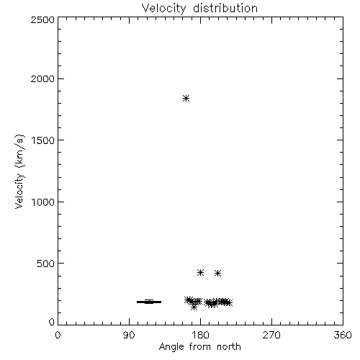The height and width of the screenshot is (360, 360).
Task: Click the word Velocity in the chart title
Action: [163, 9]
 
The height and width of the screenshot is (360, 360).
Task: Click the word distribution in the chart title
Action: [225, 8]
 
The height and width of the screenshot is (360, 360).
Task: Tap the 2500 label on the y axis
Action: [42, 19]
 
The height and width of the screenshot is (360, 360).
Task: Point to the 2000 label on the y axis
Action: [42, 78]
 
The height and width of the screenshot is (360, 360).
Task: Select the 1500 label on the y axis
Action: [43, 140]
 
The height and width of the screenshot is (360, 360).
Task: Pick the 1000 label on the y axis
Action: [43, 202]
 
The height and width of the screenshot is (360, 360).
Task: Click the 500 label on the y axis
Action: [46, 264]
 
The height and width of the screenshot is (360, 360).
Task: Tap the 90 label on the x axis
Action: [129, 335]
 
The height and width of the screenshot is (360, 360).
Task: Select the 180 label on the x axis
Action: [200, 335]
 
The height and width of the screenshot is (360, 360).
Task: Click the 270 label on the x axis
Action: [271, 335]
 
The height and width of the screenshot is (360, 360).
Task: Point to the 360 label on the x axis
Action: [343, 335]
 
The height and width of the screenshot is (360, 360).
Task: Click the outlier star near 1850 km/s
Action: [186, 98]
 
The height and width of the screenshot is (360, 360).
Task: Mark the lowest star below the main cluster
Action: [194, 307]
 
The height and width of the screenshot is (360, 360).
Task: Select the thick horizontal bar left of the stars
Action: [149, 302]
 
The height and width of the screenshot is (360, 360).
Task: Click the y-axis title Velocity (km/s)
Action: [19, 171]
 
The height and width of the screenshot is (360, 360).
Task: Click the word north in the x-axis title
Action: [229, 347]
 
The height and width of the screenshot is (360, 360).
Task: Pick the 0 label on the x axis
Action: [58, 335]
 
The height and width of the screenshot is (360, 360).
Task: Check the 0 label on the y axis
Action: [52, 322]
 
